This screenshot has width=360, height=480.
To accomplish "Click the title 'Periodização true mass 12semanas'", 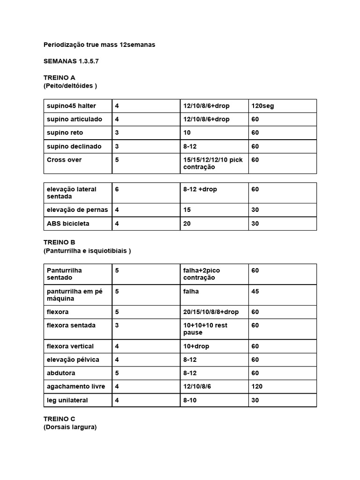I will pos(99,45).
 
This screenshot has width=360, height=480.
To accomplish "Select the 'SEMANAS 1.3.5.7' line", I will pos(71,61).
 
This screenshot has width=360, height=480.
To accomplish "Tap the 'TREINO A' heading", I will pos(59,77).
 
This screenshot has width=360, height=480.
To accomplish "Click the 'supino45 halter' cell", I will pos(71,106).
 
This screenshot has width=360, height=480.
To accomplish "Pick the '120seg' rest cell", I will pos(263,106).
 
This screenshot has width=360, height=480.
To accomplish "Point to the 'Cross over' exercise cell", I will pos(64,160).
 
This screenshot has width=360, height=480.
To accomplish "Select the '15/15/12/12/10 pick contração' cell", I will pos(213,163).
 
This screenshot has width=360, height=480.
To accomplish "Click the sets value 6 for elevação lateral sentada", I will pos(117,189).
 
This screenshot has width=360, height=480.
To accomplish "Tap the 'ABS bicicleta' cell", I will pos(68,224).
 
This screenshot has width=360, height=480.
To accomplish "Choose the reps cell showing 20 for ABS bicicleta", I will pos(187,224).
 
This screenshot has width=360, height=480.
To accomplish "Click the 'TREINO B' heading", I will pos(59,242).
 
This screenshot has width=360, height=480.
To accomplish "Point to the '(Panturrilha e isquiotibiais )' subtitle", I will pos(87,251).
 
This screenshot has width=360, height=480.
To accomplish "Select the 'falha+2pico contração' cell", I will pos(202,274).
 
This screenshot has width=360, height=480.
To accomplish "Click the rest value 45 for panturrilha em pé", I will pos(255,291).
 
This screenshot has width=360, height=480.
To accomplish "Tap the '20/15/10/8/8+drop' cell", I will pos(211,312).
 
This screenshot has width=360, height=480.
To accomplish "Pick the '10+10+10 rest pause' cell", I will pos(205,329).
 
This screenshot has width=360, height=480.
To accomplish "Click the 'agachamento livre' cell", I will pos(76,386).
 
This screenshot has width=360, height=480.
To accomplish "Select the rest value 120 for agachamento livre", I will pos(257,386).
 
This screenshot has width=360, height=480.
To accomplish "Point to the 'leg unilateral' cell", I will pos(67,400).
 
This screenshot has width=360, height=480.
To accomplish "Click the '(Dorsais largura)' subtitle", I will pos(70,427).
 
